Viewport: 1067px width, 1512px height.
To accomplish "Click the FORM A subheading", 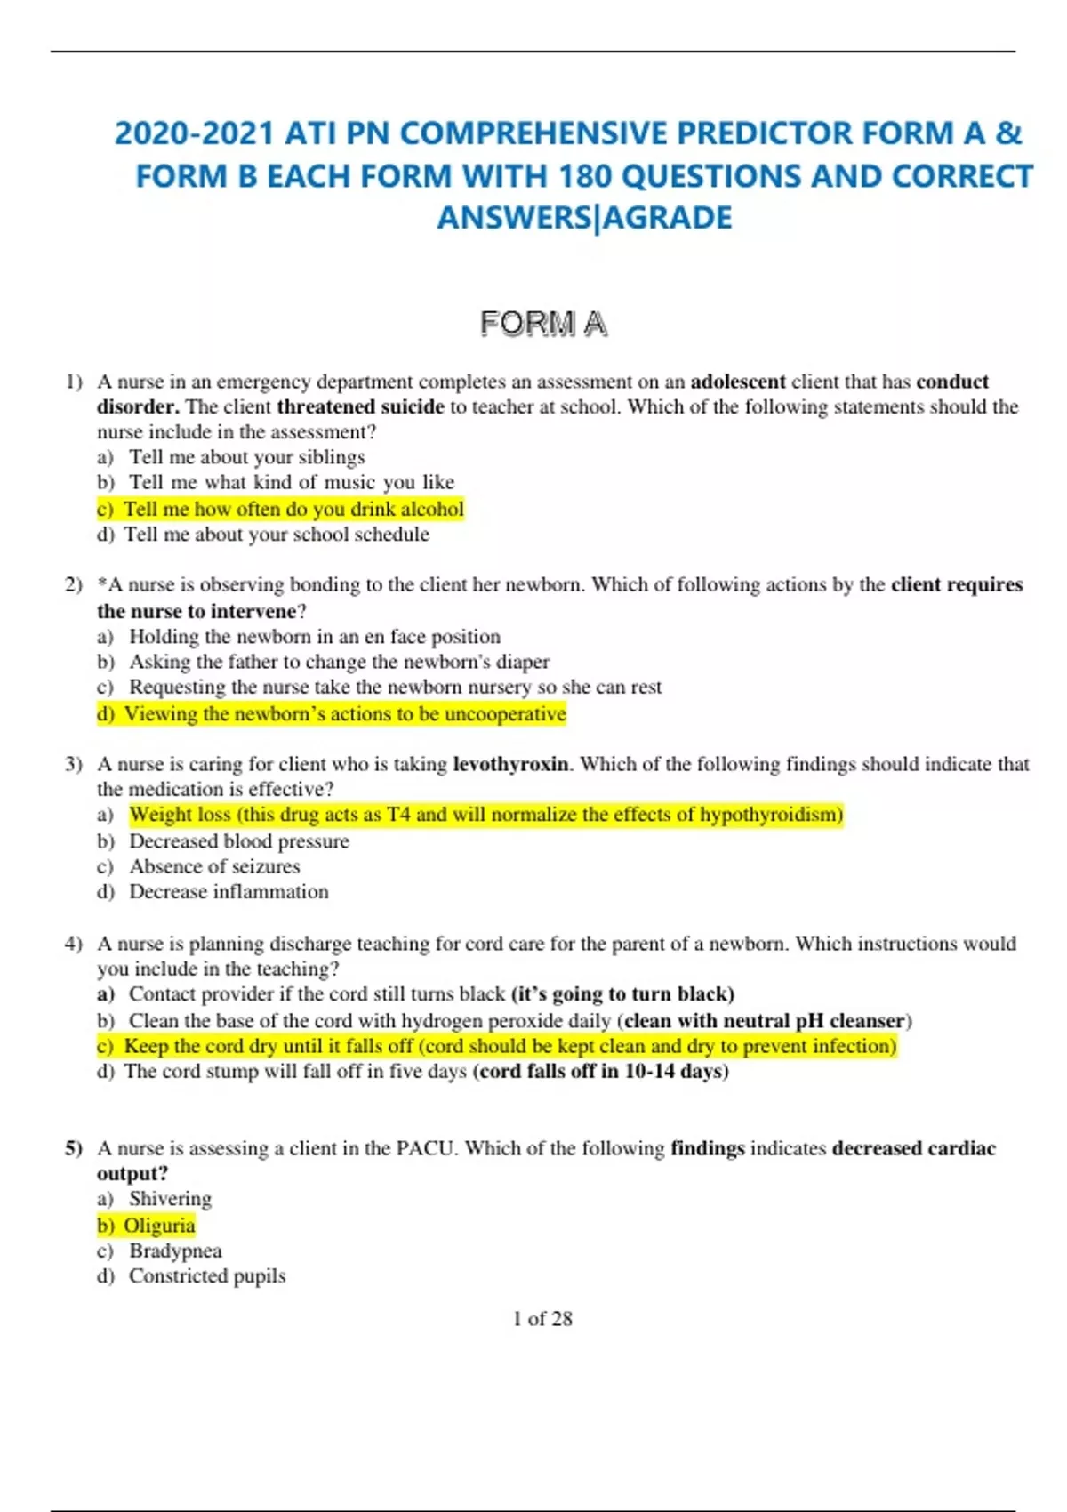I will coord(543,324).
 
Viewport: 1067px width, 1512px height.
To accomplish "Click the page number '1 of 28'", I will coord(542,1318).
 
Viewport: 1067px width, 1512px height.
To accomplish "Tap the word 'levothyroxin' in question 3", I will coord(510,764).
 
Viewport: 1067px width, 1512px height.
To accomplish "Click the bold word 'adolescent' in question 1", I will coord(737,382).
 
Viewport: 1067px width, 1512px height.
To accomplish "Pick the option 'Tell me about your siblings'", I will coord(246,457).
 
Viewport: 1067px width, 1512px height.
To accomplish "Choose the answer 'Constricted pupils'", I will coord(207,1275).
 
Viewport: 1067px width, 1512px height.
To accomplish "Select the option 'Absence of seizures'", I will coord(214,866).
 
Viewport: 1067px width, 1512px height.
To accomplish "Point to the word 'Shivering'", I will coord(170,1199).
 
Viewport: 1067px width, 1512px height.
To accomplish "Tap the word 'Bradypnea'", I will coord(175,1251).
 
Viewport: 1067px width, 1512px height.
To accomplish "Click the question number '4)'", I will coord(73,944).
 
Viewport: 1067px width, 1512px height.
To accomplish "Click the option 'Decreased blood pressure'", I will coord(239,841).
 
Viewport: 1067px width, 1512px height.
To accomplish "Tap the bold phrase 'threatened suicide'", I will coord(360,406).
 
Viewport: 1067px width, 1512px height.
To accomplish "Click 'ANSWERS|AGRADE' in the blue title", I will coord(584,217).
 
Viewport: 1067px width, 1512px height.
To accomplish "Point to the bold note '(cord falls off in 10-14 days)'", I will coord(601,1071).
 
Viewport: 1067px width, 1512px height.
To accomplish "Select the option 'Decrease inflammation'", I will coord(229,891).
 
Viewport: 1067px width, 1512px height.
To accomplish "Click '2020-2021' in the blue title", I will coord(194,133).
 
